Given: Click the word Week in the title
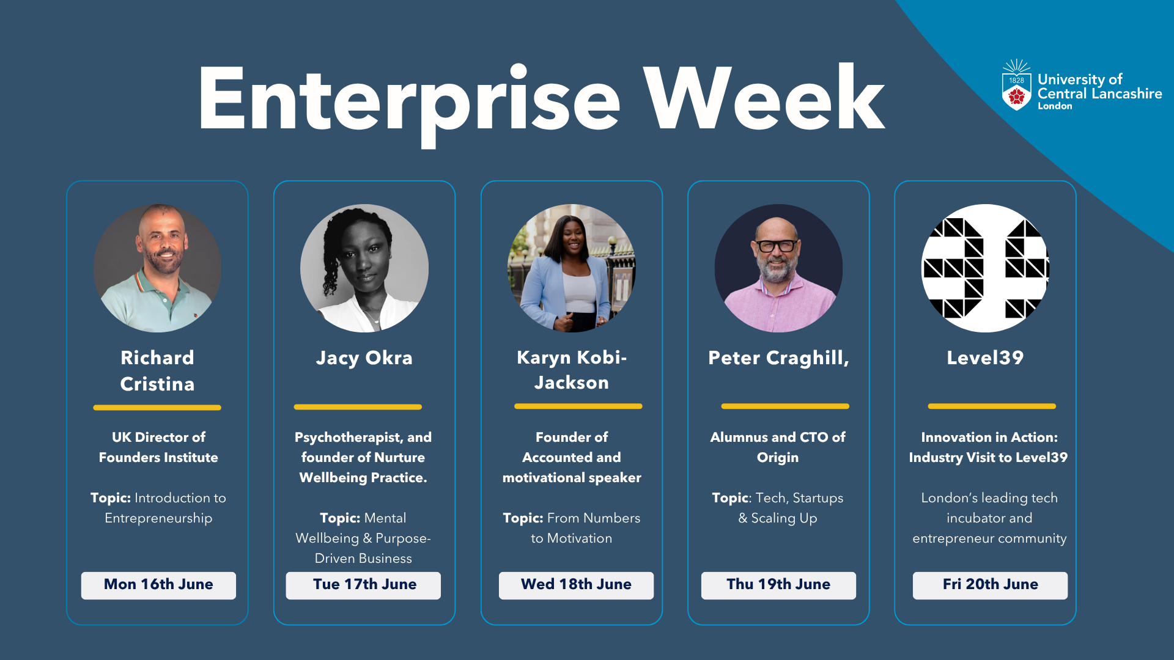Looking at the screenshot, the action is tap(764, 98).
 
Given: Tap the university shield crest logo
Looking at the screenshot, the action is tap(1016, 86).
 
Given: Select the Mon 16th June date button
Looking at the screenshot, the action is tap(158, 585).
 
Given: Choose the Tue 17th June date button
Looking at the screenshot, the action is tap(363, 585).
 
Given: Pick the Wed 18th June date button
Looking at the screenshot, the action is tap(576, 585).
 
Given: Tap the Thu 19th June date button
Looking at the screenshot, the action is tap(778, 585).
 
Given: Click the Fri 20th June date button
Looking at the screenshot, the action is tap(990, 585).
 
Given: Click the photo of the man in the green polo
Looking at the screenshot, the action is tap(158, 268).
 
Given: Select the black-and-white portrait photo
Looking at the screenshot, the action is tap(364, 268).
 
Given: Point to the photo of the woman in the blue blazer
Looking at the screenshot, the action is tap(572, 268).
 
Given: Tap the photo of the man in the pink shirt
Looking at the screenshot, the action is tap(778, 268).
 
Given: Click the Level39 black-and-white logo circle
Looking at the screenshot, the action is tap(986, 268).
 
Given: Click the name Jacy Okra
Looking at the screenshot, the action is tap(364, 358).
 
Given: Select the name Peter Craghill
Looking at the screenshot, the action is tap(778, 358).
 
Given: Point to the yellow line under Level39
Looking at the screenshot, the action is tap(992, 406).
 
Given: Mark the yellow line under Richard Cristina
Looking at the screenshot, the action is tap(157, 408).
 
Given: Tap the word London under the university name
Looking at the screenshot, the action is tap(1055, 106).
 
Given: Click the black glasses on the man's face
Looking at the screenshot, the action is tap(777, 246).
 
